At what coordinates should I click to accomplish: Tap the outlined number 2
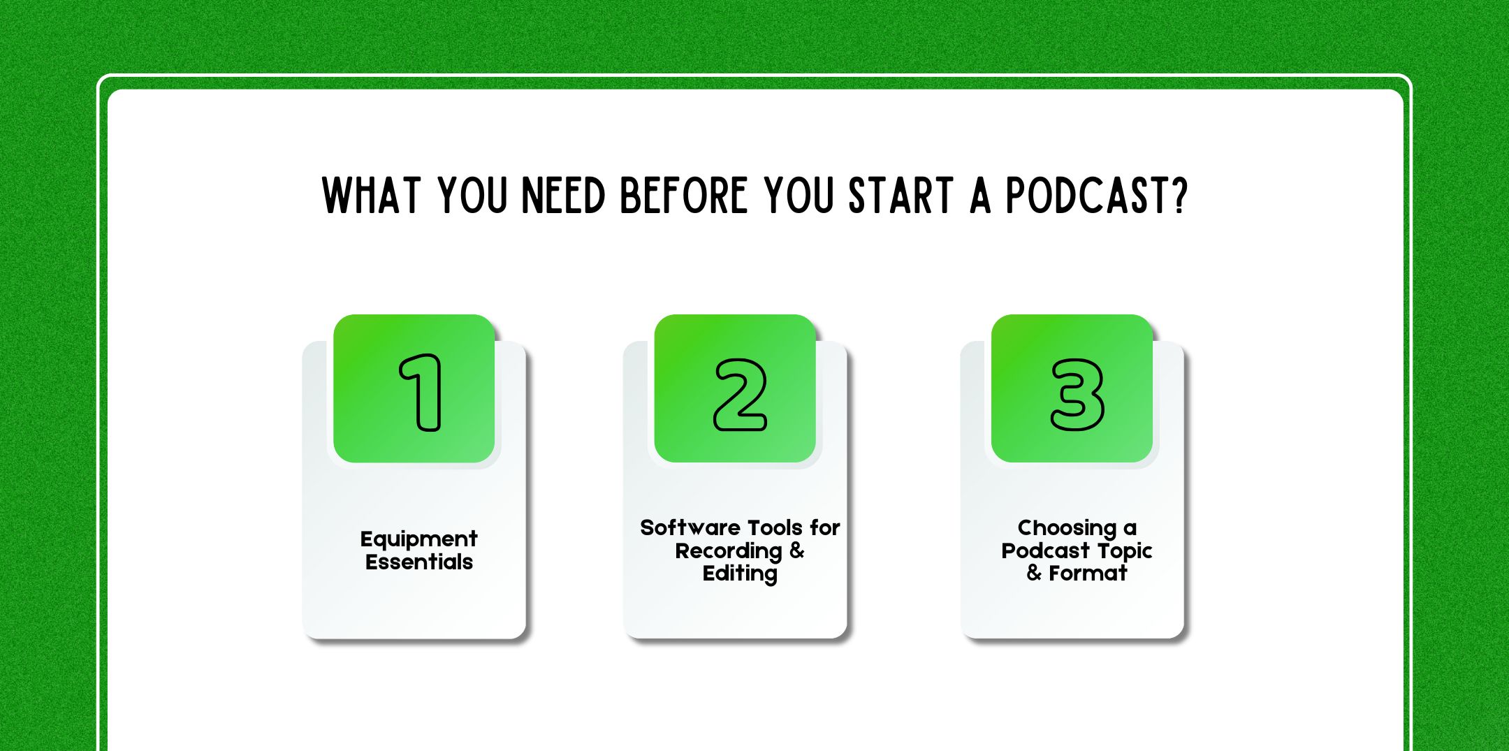coord(740,395)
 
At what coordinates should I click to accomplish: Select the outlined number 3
coord(1077,395)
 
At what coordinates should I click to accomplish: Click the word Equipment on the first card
coord(418,539)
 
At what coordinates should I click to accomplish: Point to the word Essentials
coord(418,562)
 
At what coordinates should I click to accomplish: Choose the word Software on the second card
coord(690,527)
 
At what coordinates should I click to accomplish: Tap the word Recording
coord(728,551)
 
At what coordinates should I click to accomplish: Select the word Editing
coord(740,574)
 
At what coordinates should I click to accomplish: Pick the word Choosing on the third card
coord(1067,528)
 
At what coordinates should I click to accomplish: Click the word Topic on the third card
coord(1125,551)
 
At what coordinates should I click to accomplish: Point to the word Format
coord(1088,574)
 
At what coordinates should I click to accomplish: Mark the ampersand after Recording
coord(797,551)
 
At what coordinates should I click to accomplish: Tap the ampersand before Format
coord(1034,574)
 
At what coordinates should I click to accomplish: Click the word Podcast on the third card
coord(1046,551)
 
